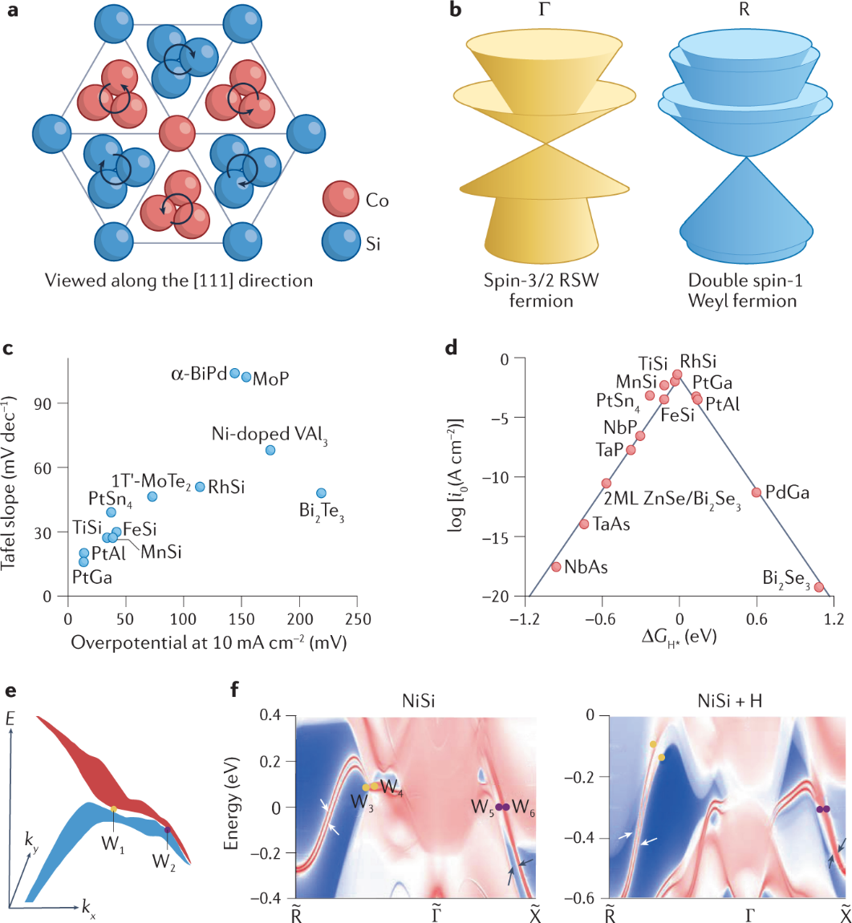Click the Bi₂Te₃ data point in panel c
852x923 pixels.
tap(321, 493)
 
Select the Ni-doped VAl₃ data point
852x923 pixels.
tap(270, 450)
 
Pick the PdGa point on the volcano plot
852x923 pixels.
tap(756, 492)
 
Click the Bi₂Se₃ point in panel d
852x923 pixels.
tap(819, 587)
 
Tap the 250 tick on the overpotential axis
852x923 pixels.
tap(358, 621)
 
